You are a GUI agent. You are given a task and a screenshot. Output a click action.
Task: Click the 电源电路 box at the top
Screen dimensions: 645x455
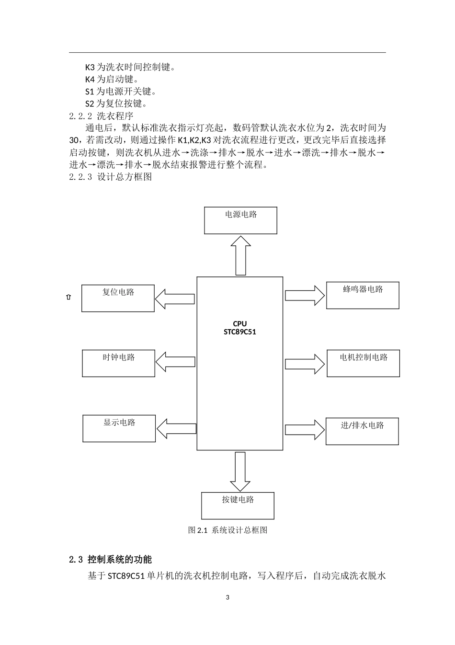click(240, 220)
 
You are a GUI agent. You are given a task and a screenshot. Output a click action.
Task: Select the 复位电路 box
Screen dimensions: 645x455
click(118, 298)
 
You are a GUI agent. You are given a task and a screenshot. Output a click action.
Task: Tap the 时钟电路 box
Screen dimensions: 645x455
click(118, 363)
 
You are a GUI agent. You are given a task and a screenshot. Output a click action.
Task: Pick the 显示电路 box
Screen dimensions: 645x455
click(119, 428)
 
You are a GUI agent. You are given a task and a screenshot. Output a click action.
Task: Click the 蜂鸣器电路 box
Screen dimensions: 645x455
click(363, 295)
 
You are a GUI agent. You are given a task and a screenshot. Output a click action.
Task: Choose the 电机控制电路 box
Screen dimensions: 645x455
click(363, 363)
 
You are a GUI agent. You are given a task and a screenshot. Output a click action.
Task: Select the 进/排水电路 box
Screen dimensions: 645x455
click(362, 431)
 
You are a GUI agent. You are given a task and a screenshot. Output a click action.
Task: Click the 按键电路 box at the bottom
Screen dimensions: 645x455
click(238, 506)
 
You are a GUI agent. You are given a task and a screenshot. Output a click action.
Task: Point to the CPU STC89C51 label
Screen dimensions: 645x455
click(240, 328)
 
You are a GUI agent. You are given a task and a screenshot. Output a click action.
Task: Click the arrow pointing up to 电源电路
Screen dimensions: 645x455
click(240, 255)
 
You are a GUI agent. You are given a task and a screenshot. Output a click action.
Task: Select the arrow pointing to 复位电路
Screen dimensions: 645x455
click(175, 299)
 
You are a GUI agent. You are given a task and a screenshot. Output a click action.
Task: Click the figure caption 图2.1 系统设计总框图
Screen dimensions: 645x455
click(227, 530)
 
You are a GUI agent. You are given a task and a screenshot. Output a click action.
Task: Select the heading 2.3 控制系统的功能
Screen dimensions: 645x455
click(111, 559)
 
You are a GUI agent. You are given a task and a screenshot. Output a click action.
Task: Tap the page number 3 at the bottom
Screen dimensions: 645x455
click(227, 598)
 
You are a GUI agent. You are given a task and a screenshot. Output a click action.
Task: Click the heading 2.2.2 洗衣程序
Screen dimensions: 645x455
click(101, 115)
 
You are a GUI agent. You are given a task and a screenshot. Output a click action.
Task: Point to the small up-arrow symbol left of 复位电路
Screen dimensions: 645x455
click(68, 297)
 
